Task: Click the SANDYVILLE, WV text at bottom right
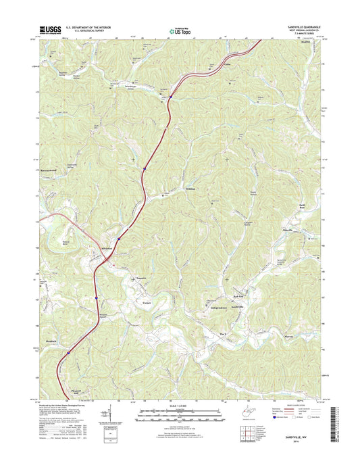pos(298,438)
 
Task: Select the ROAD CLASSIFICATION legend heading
pos(298,405)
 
